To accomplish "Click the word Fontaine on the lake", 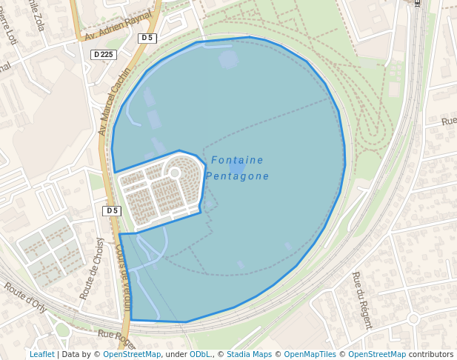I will (x=237, y=160).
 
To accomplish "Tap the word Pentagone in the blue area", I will (x=237, y=176).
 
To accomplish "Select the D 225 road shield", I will (x=104, y=55).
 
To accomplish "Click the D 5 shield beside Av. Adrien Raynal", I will (x=147, y=38).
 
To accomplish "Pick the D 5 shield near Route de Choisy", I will (x=112, y=211).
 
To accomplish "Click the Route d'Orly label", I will (x=25, y=294).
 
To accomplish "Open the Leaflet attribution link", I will (x=41, y=354).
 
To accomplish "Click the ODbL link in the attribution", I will (x=199, y=354).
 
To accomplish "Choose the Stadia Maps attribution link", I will (x=249, y=354).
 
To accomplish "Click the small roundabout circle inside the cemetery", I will (x=175, y=173).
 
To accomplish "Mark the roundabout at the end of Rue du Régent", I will (x=413, y=319).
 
